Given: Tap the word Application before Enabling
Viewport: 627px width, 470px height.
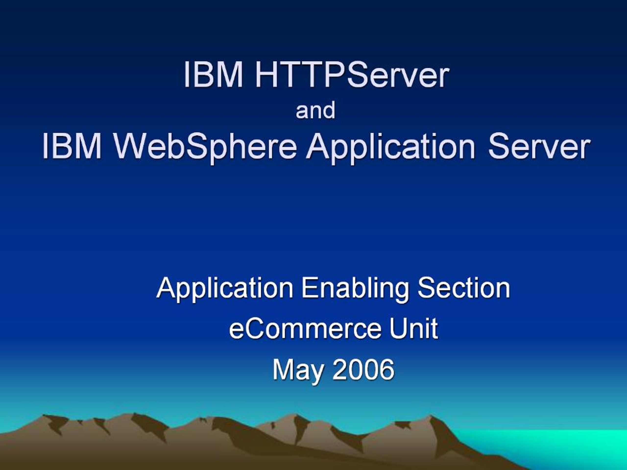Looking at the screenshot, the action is (x=225, y=289).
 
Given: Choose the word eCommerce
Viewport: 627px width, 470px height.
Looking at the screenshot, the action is (x=305, y=329).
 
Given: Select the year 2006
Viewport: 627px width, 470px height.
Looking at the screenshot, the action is (x=363, y=369).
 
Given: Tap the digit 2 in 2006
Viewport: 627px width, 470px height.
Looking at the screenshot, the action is (x=339, y=369).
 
